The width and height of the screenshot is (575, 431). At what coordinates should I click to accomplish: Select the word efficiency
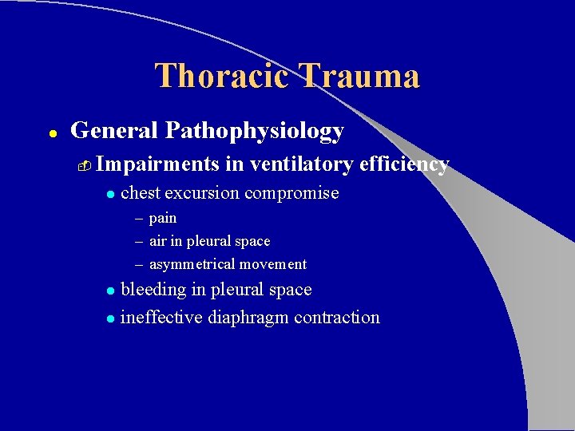404,164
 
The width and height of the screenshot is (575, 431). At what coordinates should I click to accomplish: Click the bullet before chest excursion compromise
111,194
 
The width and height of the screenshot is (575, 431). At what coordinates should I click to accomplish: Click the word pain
163,218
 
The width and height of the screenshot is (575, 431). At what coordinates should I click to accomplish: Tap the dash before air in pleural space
139,241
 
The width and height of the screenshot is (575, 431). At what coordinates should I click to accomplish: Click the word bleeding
153,290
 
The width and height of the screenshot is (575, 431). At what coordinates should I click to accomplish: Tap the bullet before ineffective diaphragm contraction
111,318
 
